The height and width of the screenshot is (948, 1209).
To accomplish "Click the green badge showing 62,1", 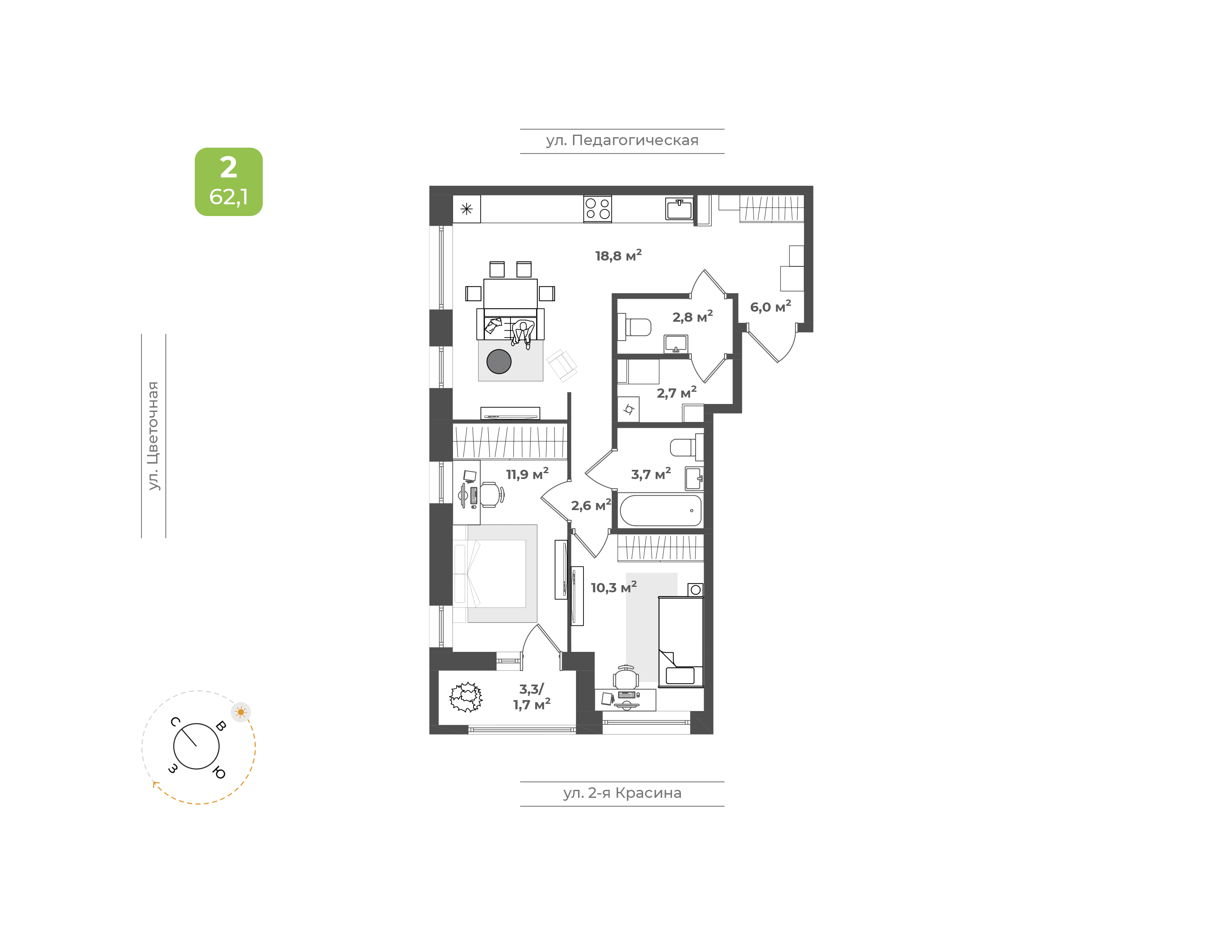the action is (228, 182).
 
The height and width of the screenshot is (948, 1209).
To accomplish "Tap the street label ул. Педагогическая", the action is (622, 141).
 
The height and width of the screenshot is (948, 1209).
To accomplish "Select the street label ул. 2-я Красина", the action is (622, 793).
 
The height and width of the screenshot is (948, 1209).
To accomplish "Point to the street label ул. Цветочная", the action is (153, 436).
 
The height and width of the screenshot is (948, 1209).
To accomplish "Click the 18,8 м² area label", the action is (618, 255).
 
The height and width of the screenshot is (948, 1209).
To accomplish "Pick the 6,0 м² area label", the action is (770, 306).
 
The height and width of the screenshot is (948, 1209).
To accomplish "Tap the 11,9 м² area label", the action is (527, 474).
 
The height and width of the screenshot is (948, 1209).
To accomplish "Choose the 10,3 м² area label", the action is (613, 587).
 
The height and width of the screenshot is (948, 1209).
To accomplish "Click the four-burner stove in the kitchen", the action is (597, 209).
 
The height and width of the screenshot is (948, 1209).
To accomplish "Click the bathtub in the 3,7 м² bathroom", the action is (660, 510).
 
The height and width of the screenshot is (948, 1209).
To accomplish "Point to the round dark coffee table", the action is (499, 361).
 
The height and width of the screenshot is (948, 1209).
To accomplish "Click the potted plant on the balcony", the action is (466, 698).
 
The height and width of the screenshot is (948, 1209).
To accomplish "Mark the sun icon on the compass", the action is (241, 712).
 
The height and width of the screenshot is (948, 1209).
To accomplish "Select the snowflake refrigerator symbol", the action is (466, 209).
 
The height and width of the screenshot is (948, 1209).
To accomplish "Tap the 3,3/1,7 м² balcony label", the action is (531, 697).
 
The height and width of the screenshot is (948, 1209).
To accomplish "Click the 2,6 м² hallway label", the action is (591, 505).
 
